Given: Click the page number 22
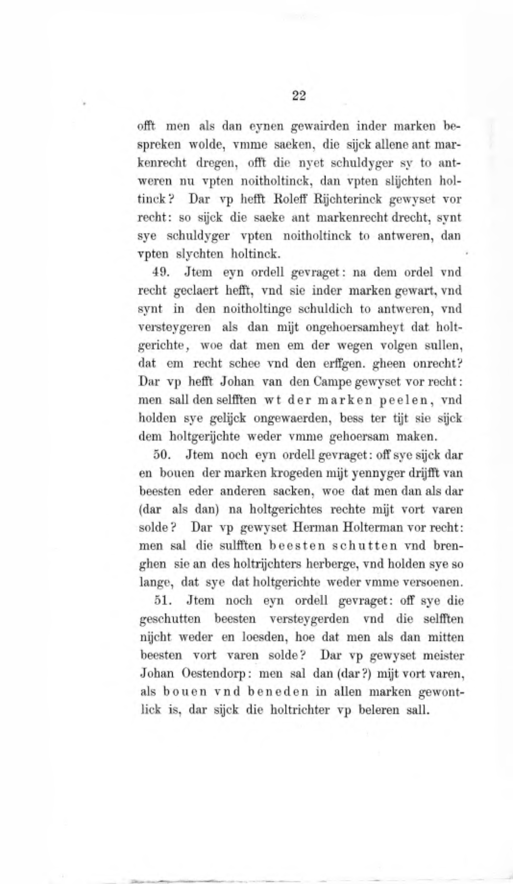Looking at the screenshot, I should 298,95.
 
